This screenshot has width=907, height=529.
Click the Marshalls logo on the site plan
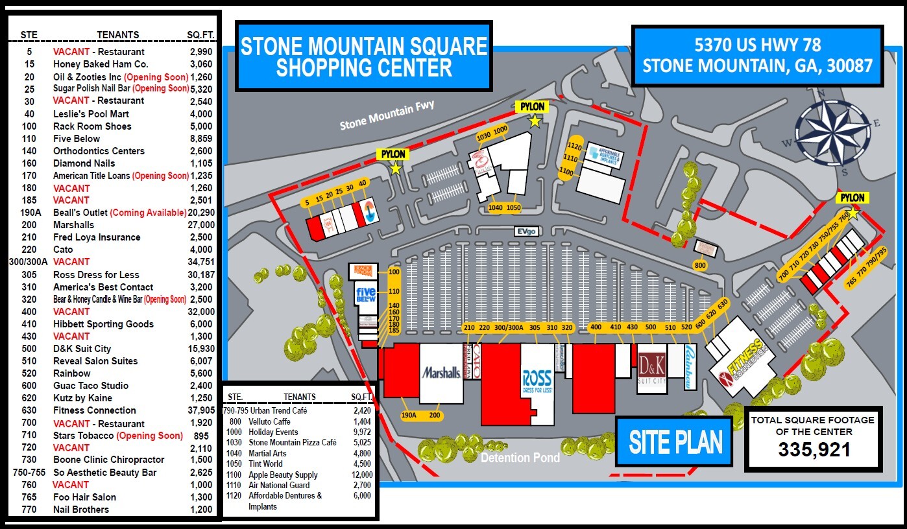(x=442, y=373)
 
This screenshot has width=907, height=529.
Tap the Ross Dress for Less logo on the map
(x=537, y=381)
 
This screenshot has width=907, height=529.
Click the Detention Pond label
(x=520, y=458)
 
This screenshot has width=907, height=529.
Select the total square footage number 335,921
(x=814, y=449)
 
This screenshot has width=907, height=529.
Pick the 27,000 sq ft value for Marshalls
(x=200, y=225)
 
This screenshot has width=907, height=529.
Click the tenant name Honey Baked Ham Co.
(x=101, y=64)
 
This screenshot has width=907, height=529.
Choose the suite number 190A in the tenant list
(x=30, y=213)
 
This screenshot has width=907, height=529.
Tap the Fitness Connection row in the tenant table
(x=95, y=410)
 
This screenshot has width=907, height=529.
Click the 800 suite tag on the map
(x=699, y=265)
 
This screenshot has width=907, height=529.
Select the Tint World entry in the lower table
(x=265, y=464)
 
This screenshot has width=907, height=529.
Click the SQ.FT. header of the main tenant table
(x=200, y=34)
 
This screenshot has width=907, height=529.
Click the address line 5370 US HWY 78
(x=757, y=45)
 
